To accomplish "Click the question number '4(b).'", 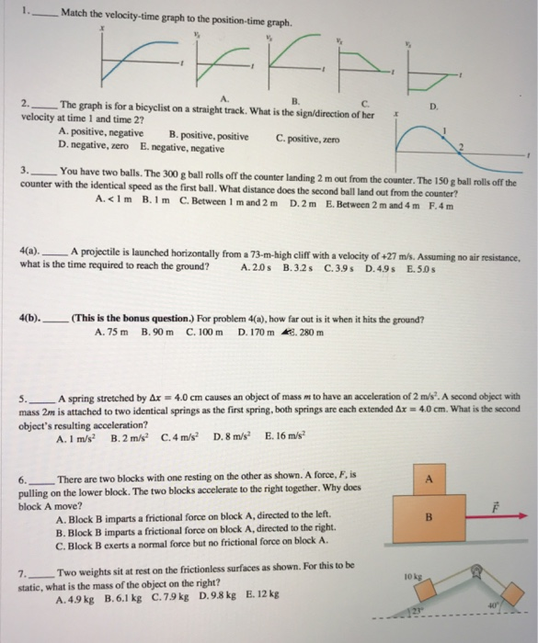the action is click(32, 319).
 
